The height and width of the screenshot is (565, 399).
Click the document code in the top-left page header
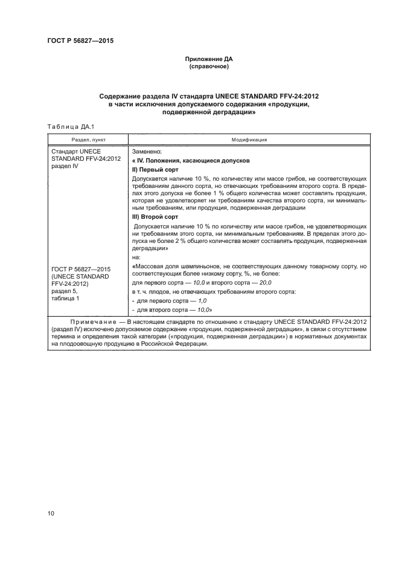point(80,41)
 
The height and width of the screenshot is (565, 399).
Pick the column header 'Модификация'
point(249,139)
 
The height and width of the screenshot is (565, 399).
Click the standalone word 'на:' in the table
point(136,256)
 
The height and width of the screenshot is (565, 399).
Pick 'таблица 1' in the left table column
point(65,299)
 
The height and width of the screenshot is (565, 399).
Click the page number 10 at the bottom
point(51,513)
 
